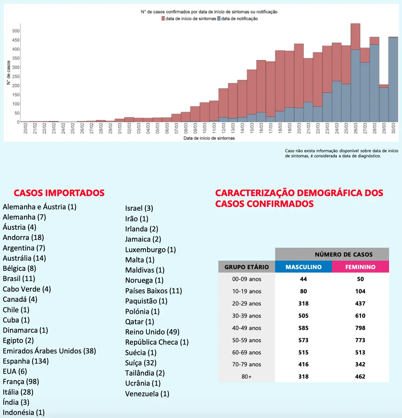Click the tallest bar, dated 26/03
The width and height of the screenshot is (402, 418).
[355, 75]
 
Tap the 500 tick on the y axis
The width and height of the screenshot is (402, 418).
[16, 31]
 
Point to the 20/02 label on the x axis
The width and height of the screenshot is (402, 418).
[26, 128]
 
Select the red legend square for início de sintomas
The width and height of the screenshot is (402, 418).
[163, 19]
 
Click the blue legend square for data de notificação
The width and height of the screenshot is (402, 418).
[219, 19]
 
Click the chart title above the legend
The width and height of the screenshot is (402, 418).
[209, 12]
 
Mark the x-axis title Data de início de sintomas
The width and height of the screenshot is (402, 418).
[209, 138]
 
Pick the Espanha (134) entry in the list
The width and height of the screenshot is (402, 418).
[26, 361]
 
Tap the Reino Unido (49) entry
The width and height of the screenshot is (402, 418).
[152, 332]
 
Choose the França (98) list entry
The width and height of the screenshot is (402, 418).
[21, 381]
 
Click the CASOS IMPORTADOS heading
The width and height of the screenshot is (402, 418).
[59, 193]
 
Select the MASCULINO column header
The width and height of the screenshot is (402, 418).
[303, 267]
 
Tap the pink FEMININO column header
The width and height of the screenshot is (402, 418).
[360, 267]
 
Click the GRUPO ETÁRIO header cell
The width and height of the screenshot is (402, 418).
[247, 267]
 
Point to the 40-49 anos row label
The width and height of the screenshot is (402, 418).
[247, 328]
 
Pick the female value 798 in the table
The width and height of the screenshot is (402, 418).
[360, 328]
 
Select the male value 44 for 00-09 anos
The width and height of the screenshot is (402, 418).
[303, 279]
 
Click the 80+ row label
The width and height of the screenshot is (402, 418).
[247, 377]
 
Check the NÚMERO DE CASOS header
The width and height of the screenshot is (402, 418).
[344, 255]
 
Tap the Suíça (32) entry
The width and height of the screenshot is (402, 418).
[140, 363]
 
